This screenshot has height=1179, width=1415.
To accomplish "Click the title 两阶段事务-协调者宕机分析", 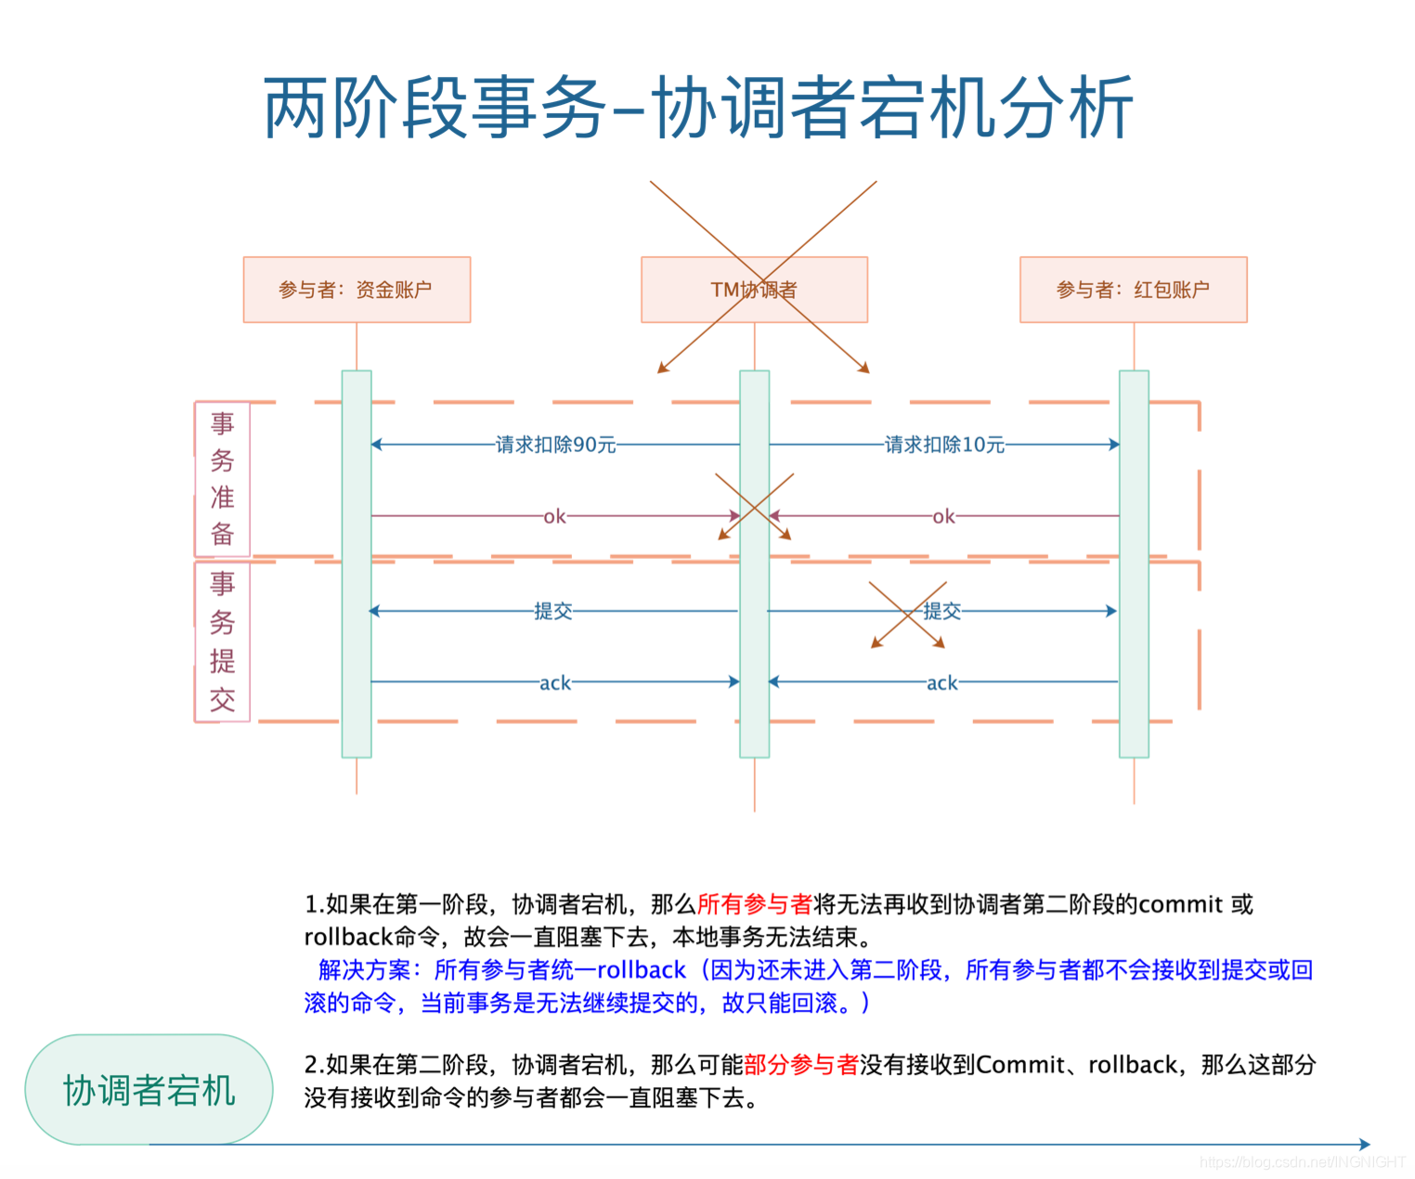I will [698, 109].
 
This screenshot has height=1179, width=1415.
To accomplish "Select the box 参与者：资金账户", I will [357, 290].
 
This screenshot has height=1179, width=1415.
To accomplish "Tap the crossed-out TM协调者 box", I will [754, 290].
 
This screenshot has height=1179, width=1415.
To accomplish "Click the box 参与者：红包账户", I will [1133, 290].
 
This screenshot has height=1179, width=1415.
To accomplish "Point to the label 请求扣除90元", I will [555, 445].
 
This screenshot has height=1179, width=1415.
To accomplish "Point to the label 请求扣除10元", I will [944, 445].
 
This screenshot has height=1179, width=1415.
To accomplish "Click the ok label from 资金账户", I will [554, 516].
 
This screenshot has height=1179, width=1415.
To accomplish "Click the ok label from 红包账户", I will [943, 516].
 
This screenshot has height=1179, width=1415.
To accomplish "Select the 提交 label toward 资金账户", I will [553, 611].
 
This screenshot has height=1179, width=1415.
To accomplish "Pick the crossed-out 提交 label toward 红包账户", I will [941, 611].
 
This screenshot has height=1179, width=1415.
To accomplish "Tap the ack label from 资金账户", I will [555, 683].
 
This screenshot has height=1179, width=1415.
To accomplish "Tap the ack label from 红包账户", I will [941, 683].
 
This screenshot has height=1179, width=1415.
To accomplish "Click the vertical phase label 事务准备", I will [222, 479].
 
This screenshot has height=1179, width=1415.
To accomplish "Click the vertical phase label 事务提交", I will [222, 641].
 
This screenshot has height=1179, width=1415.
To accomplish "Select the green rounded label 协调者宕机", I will [149, 1090].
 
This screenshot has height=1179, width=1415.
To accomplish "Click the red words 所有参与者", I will [754, 904].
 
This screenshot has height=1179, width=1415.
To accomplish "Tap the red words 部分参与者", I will [801, 1065].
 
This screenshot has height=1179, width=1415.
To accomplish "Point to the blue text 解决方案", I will [363, 970].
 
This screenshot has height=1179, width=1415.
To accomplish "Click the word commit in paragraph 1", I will [1180, 904].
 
